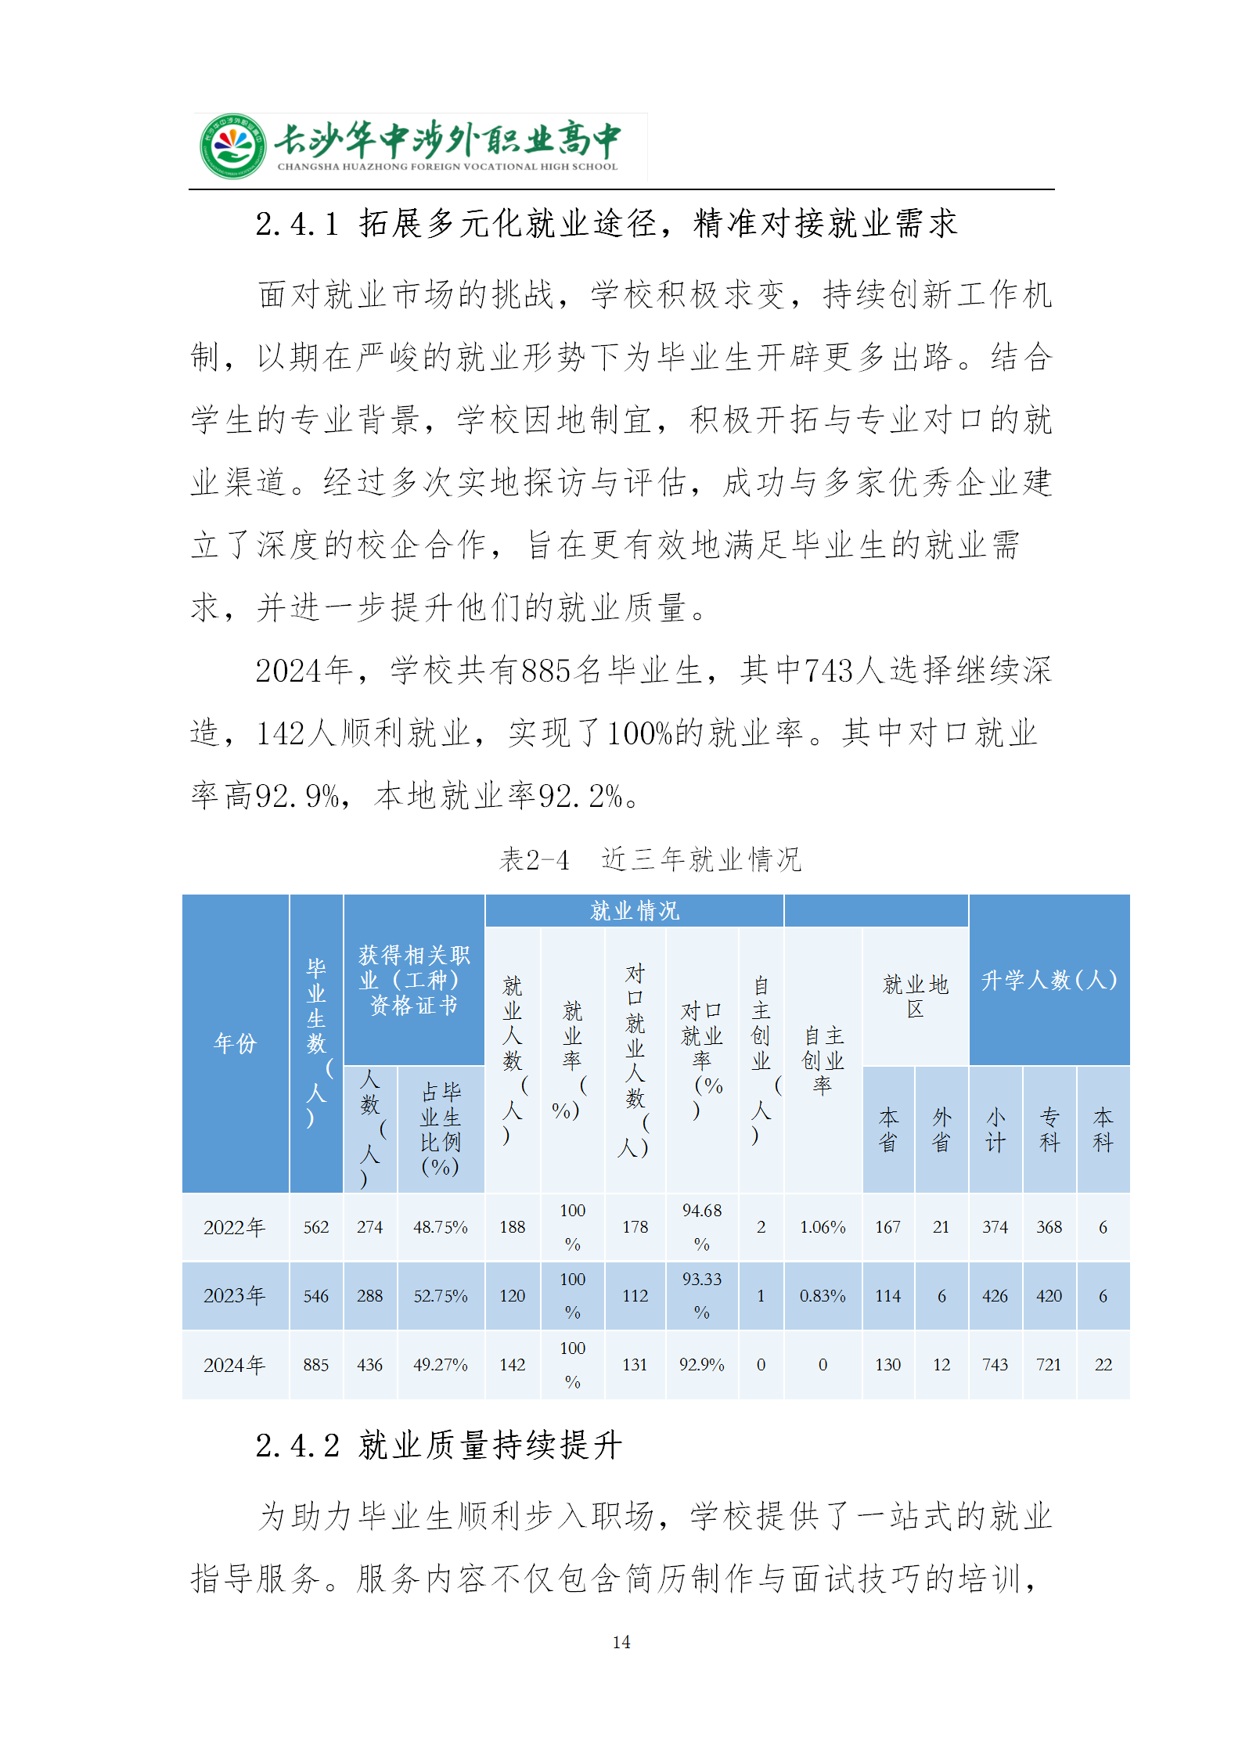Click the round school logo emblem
pos(232,146)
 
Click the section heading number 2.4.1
pos(297,224)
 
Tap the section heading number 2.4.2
pos(297,1445)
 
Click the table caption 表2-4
pos(535,859)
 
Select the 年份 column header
pos(235,1042)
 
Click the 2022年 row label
pos(234,1227)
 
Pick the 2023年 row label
pos(234,1295)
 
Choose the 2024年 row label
pos(234,1365)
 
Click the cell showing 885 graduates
pos(316,1365)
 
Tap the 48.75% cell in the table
pos(440,1227)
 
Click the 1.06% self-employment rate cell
pos(823,1227)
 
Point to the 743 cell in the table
pos(995,1365)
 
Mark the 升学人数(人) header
pos(1049,980)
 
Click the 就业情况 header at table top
pos(634,910)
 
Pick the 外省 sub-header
pos(941,1129)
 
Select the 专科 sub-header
pos(1049,1129)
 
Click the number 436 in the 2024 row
pos(369,1365)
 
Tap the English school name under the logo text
pos(447,167)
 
